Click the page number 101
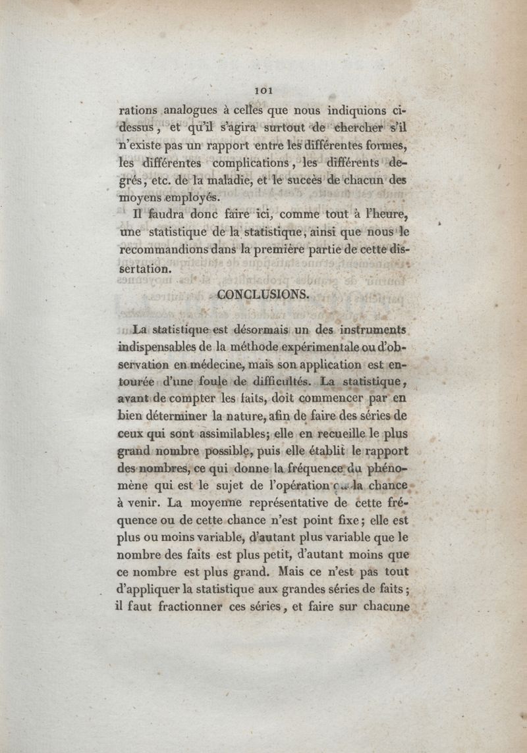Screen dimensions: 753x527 pos(263,90)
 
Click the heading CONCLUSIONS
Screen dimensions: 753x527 pos(263,294)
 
